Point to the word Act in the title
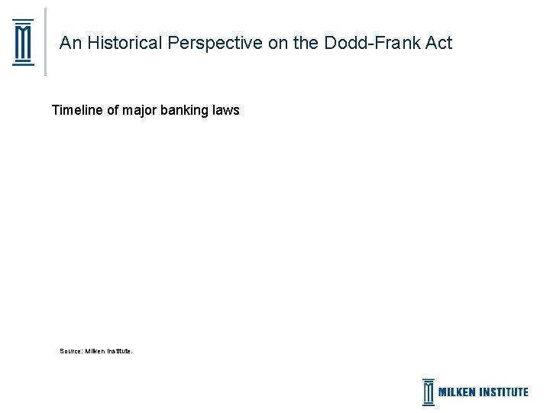click(438, 43)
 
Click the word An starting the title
click(70, 43)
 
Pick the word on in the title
click(277, 43)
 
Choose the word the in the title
click(306, 43)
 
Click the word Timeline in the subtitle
click(77, 110)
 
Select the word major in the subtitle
click(138, 110)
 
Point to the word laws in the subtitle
click(227, 110)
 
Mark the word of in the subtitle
click(112, 110)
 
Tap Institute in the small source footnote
click(120, 351)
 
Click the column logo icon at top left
click(24, 43)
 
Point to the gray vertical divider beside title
click(45, 43)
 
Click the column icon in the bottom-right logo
click(429, 392)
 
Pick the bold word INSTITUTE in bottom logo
click(504, 392)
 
